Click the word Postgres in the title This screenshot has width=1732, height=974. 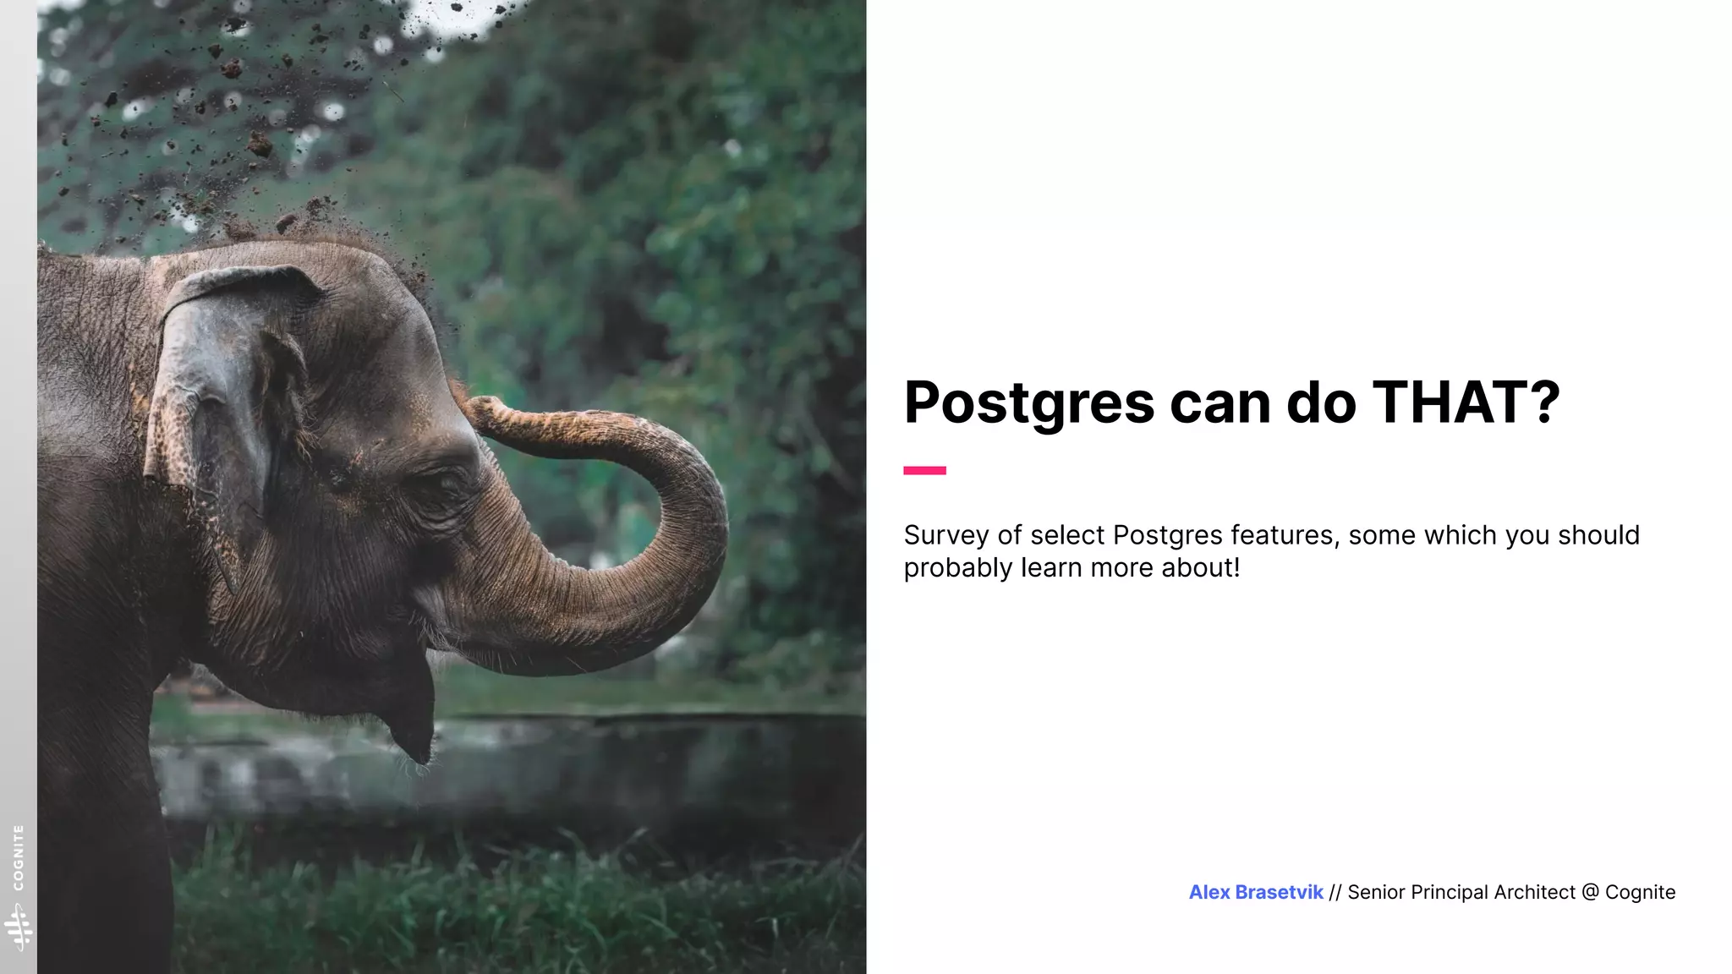[x=1029, y=403]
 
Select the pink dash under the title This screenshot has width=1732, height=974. [x=924, y=470]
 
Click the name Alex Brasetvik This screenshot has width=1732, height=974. [x=1256, y=892]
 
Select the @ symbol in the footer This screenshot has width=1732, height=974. [x=1590, y=892]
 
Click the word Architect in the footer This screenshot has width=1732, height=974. [x=1535, y=892]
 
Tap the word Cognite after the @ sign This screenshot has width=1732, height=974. [x=1640, y=892]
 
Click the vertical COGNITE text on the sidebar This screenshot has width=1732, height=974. [x=19, y=857]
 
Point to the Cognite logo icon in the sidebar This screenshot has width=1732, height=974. [x=19, y=927]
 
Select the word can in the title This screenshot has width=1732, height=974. [x=1220, y=403]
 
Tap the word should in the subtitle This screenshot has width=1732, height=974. [x=1598, y=535]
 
